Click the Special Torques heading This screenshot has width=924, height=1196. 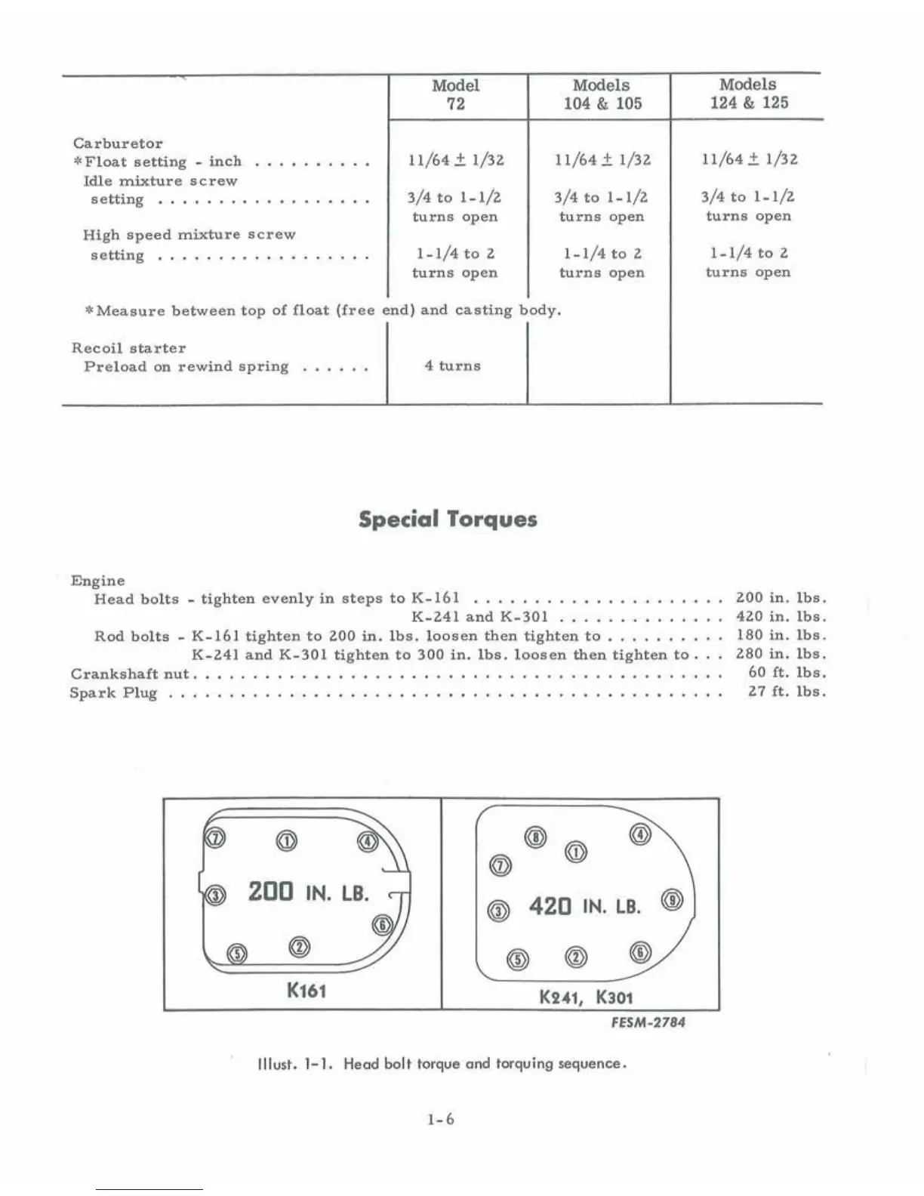[448, 519]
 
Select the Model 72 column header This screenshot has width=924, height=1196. [455, 94]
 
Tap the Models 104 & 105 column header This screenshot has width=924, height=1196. [602, 94]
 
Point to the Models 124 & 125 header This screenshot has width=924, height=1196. [748, 94]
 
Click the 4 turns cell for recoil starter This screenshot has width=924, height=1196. [452, 366]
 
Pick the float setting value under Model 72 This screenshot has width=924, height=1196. [455, 160]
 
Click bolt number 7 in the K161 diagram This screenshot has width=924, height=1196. [215, 839]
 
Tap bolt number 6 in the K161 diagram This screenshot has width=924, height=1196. [383, 925]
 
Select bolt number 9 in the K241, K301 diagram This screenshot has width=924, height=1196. [672, 900]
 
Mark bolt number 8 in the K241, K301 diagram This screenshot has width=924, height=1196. [535, 837]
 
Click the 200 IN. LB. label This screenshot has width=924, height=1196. [308, 892]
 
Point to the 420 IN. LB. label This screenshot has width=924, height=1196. [584, 905]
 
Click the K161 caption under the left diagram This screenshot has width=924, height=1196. [306, 990]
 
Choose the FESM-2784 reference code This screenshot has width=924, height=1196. [648, 1022]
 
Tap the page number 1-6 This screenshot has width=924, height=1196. [440, 1119]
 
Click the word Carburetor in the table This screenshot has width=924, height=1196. [118, 143]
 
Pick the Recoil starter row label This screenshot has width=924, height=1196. [128, 348]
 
